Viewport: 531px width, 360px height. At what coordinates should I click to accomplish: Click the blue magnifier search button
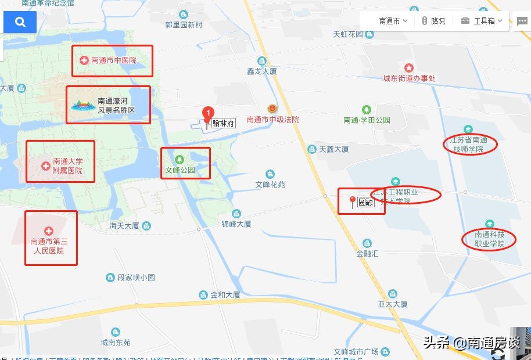[20, 22]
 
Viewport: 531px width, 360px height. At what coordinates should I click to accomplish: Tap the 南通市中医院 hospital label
[113, 60]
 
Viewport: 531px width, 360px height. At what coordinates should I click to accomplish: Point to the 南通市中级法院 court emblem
[272, 109]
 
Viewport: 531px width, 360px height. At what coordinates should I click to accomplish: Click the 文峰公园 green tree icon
[180, 159]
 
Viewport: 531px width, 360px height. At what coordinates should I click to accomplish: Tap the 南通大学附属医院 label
[67, 166]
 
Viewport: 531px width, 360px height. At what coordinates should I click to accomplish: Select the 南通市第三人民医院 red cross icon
[49, 231]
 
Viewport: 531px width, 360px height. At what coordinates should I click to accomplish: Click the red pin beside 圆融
[352, 201]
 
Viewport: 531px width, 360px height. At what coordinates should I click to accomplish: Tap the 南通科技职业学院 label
[490, 239]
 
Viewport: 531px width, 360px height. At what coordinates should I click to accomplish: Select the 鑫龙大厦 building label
[261, 71]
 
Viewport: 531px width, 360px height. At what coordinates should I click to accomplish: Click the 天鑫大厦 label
[334, 149]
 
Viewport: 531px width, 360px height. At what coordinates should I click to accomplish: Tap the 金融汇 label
[367, 254]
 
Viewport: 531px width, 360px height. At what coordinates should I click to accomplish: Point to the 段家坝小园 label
[136, 278]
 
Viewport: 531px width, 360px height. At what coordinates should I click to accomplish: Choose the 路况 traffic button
[433, 21]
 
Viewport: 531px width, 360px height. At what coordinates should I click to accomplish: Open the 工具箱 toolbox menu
[482, 21]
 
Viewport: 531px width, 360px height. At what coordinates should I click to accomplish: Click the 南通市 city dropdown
[393, 21]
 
